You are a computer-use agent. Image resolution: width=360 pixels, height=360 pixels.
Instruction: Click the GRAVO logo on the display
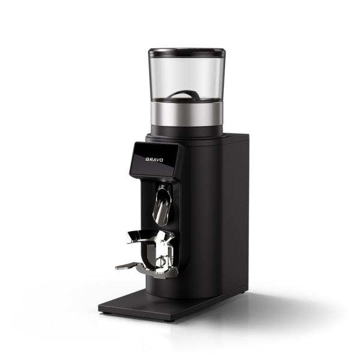(x=154, y=160)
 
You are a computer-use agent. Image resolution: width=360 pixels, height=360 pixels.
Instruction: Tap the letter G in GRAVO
(x=148, y=159)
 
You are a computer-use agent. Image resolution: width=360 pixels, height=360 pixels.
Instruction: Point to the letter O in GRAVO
(x=161, y=160)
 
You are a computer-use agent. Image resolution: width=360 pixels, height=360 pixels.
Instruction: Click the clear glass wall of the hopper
(x=187, y=76)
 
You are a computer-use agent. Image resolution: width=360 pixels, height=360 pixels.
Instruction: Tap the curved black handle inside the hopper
(x=183, y=95)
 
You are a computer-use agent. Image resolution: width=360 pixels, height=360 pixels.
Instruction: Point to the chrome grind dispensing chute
(x=162, y=205)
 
